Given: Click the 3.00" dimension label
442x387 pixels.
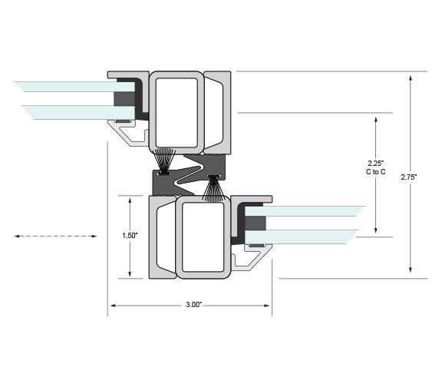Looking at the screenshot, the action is pyautogui.click(x=194, y=305).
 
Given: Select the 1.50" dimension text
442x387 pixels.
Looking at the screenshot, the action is pyautogui.click(x=130, y=236).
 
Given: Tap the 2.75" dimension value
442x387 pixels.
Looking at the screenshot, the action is pyautogui.click(x=409, y=177).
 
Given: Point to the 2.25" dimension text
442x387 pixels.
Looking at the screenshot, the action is pyautogui.click(x=376, y=163).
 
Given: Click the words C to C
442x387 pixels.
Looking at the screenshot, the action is pyautogui.click(x=376, y=172).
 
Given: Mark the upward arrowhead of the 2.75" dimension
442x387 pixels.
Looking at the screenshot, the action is pyautogui.click(x=411, y=78).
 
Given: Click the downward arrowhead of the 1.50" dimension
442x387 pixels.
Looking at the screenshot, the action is pyautogui.click(x=130, y=273).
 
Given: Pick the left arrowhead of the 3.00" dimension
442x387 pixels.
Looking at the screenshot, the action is pyautogui.click(x=113, y=305).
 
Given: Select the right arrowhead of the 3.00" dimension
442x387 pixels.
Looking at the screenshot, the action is pyautogui.click(x=267, y=305).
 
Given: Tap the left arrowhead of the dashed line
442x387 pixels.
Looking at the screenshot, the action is pyautogui.click(x=17, y=236).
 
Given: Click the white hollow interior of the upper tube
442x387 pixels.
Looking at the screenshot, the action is pyautogui.click(x=176, y=113).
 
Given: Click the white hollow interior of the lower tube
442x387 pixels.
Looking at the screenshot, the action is pyautogui.click(x=203, y=237).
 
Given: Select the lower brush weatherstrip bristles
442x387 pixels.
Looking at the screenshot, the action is pyautogui.click(x=213, y=190).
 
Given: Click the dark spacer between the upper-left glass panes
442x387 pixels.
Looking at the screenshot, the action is pyautogui.click(x=124, y=99).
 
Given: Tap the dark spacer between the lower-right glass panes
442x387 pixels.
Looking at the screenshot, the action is pyautogui.click(x=255, y=223).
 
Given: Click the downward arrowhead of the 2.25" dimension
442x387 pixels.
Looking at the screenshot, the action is pyautogui.click(x=375, y=230).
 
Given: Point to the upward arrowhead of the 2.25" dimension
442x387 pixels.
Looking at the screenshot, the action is pyautogui.click(x=375, y=120).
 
